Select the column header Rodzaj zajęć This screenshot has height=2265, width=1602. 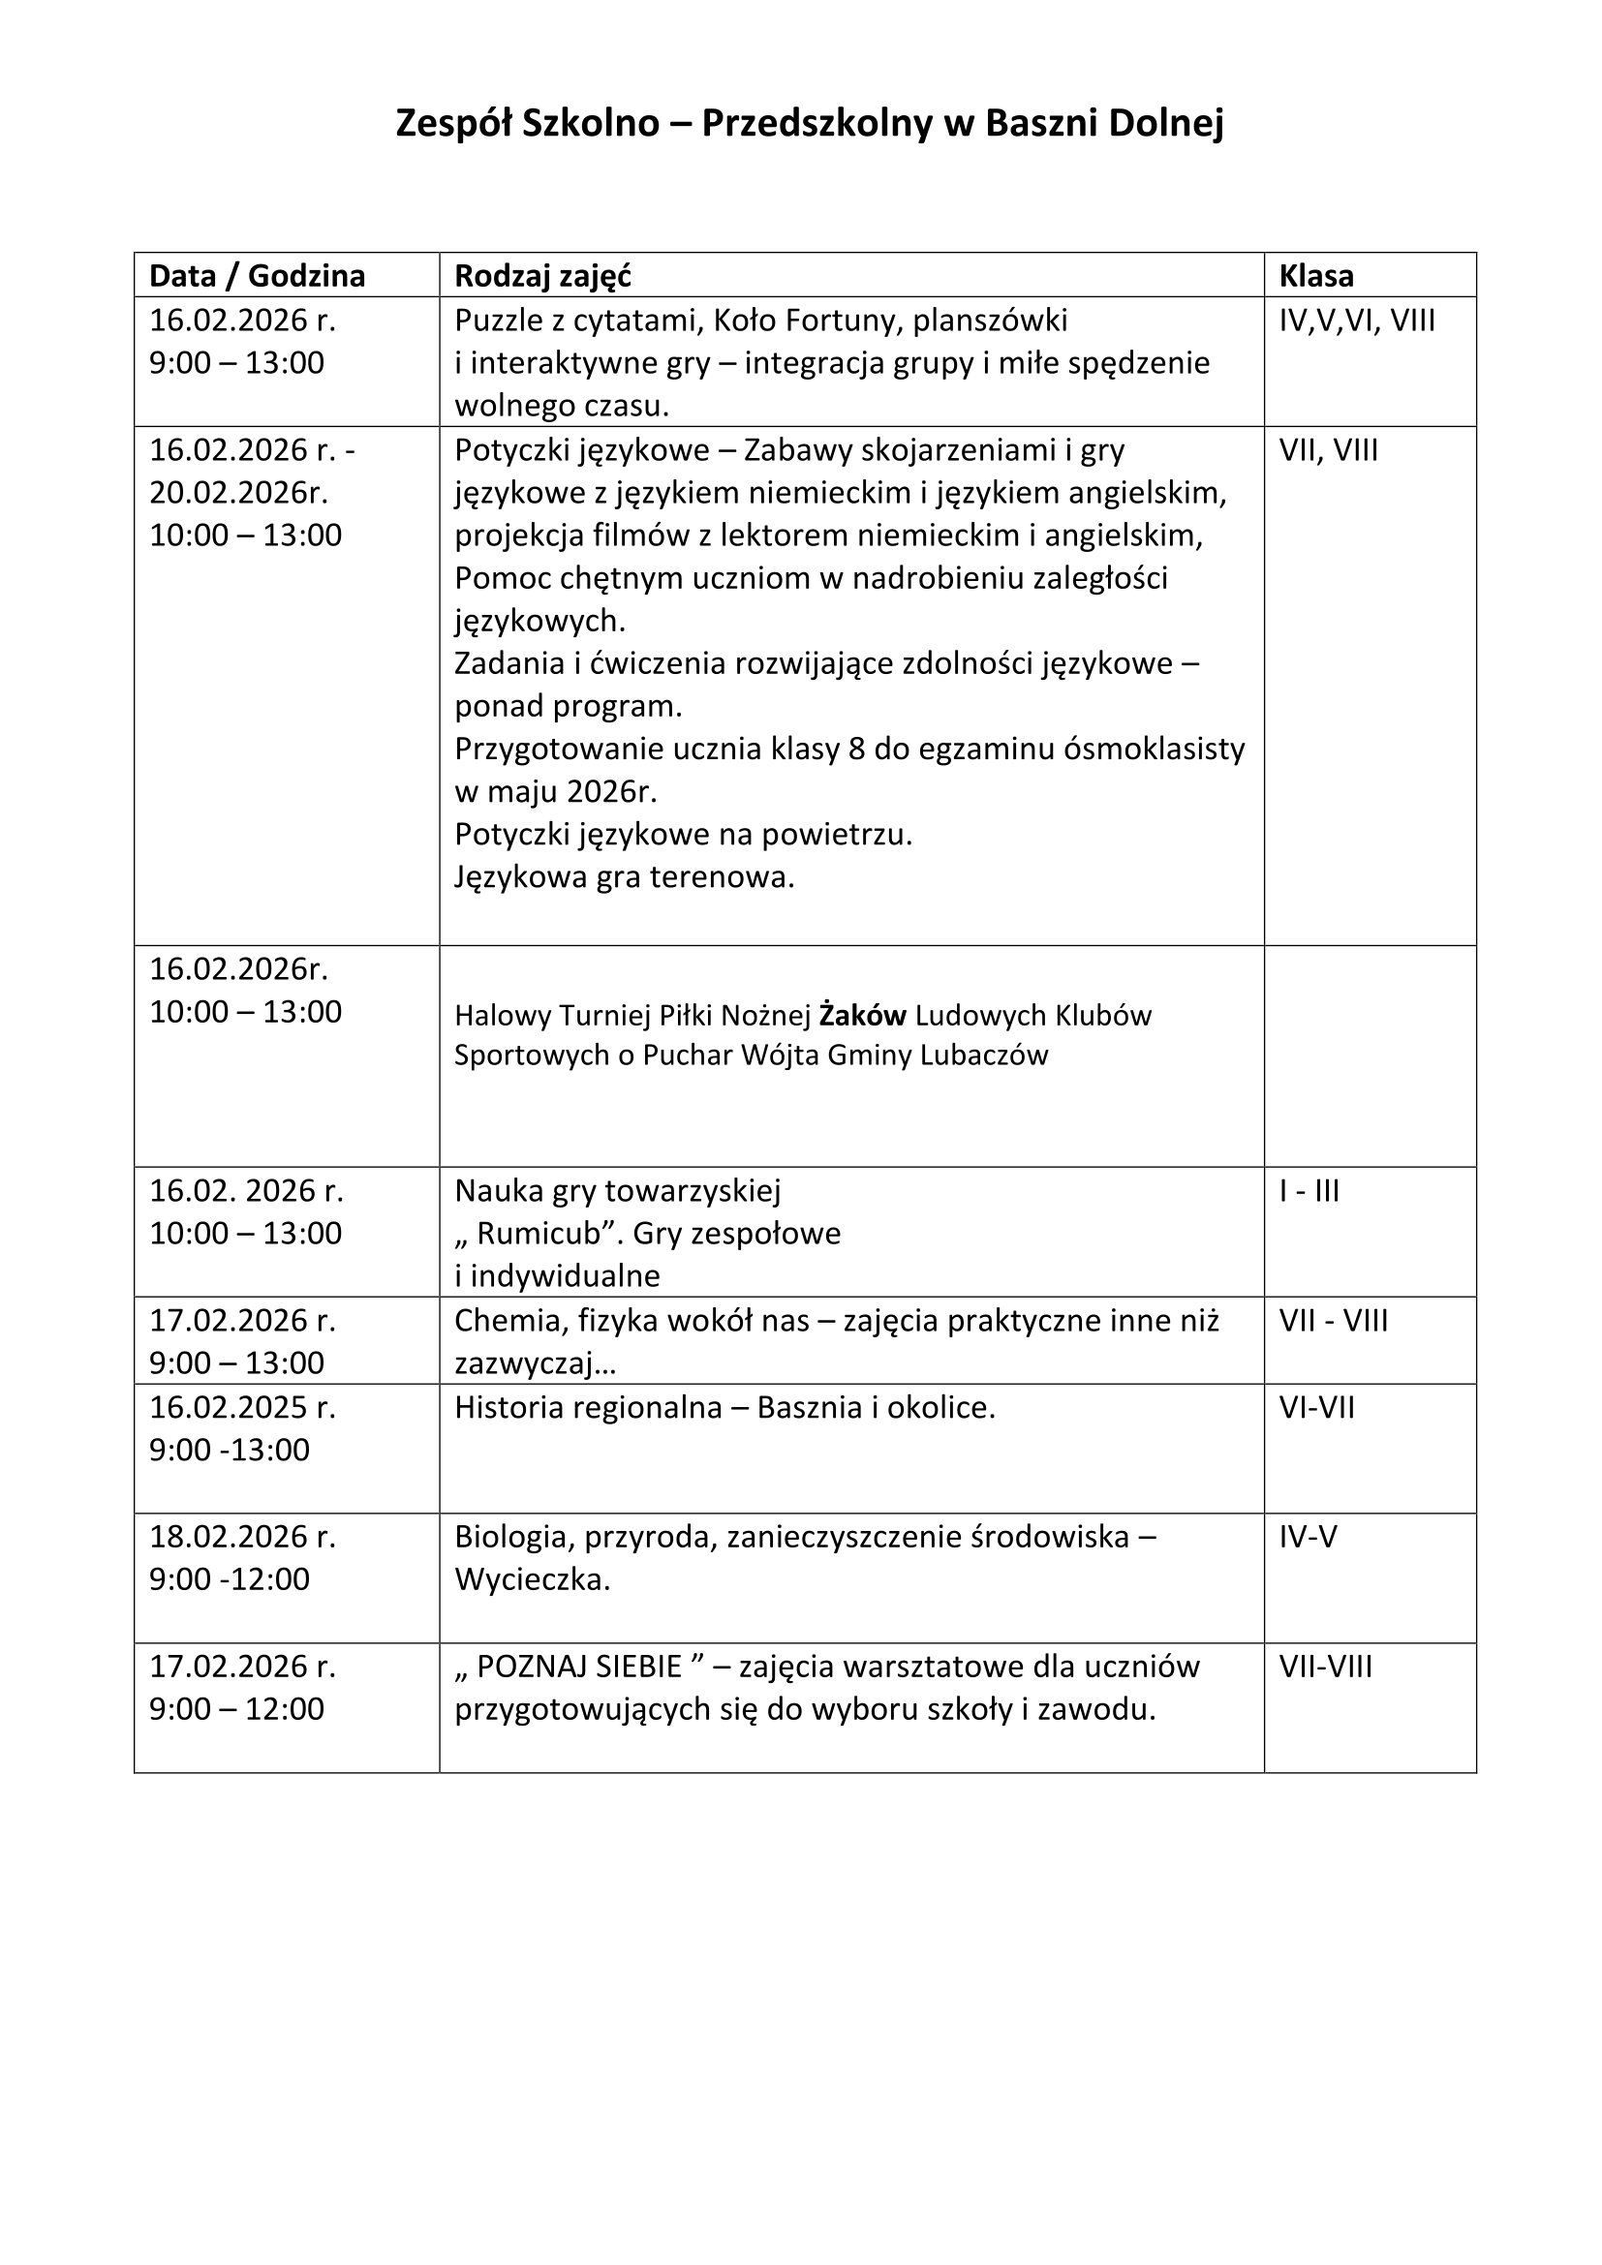coord(541,276)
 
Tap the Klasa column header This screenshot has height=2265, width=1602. coord(1316,276)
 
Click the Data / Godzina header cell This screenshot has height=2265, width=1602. coord(257,276)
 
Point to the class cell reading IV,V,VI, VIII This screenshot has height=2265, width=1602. coord(1356,321)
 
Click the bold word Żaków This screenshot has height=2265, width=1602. coord(862,1015)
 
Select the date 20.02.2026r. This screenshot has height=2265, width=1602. coord(238,492)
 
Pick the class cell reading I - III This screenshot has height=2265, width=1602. coord(1309,1191)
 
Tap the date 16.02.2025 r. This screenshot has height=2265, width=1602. coord(242,1408)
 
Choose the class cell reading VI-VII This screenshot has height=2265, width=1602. coord(1317,1408)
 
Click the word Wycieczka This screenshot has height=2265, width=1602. coord(532,1580)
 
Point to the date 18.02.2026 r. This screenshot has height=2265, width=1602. coord(242,1537)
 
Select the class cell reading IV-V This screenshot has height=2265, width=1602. coord(1308,1537)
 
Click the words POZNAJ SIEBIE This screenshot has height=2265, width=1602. coord(579,1668)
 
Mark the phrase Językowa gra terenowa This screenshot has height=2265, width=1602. coord(624,877)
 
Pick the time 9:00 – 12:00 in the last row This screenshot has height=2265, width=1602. coord(235,1709)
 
